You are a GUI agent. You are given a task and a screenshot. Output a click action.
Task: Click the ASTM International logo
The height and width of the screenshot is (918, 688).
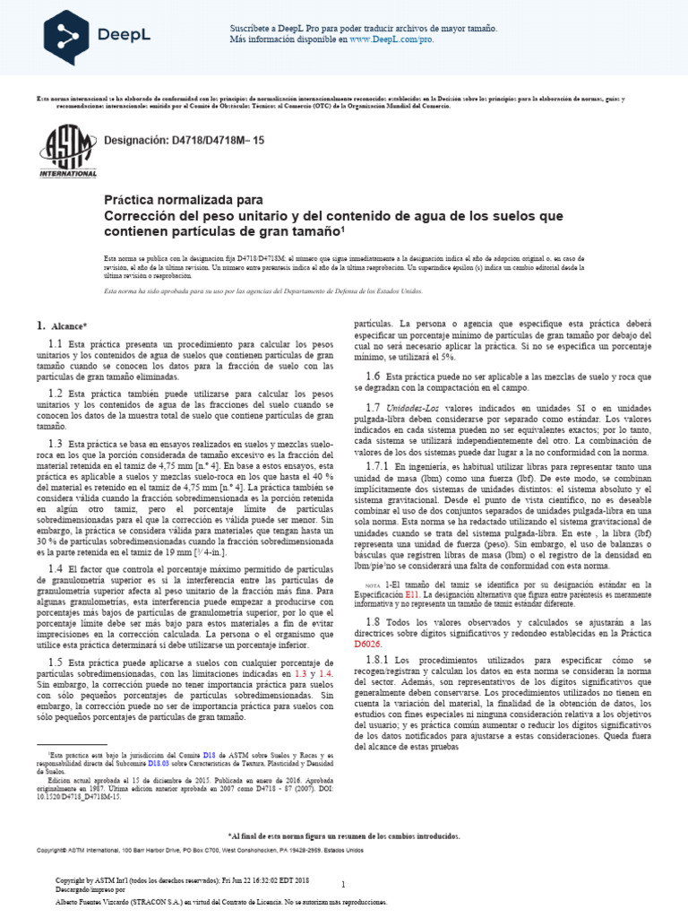[x=68, y=151]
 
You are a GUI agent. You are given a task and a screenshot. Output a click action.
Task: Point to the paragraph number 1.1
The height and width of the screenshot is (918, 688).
[x=55, y=344]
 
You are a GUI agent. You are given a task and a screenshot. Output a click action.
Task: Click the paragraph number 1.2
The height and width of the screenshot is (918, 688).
[x=55, y=393]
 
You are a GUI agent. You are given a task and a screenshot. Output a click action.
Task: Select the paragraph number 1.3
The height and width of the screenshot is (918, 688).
[x=55, y=443]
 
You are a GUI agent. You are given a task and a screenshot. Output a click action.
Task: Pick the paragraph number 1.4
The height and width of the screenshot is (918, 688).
[x=55, y=568]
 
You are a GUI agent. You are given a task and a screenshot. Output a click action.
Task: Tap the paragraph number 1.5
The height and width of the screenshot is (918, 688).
[x=55, y=662]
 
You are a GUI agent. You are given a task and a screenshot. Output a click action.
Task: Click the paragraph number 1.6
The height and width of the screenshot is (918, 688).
[x=373, y=376]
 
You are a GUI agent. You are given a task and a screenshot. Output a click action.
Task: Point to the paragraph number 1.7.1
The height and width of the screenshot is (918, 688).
[x=378, y=466]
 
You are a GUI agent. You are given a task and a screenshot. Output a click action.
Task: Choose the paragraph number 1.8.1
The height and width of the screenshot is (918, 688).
[x=378, y=659]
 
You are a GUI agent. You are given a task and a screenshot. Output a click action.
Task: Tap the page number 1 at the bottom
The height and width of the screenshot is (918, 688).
[x=343, y=860]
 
